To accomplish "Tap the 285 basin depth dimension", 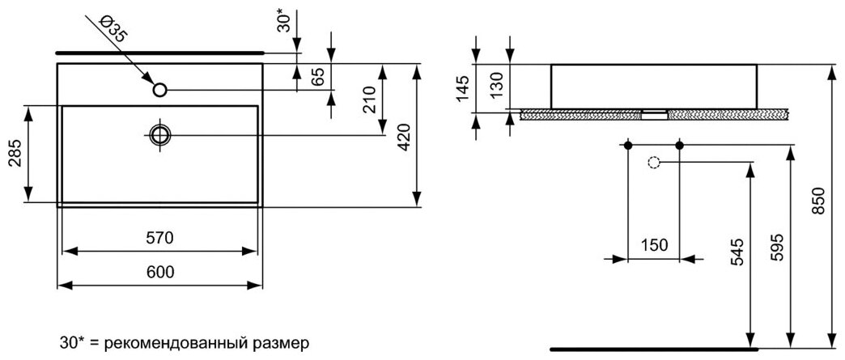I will (13, 153).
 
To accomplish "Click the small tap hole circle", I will (160, 90).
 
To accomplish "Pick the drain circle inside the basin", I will (160, 133).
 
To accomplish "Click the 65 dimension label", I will (319, 77).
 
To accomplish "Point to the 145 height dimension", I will (462, 87).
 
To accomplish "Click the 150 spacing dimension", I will (654, 245).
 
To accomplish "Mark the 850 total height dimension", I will (819, 201).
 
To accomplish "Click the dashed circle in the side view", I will (654, 163).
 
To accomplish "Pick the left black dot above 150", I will (628, 145).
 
